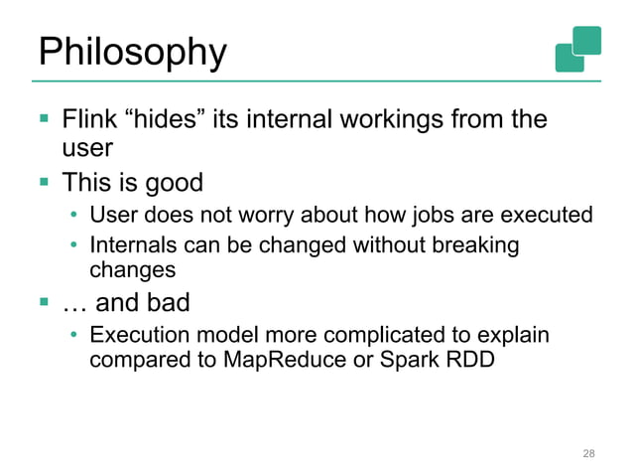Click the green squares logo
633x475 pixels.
pos(578,49)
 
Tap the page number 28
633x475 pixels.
pos(588,453)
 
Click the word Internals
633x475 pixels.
pos(134,244)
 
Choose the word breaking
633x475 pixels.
pos(474,244)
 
